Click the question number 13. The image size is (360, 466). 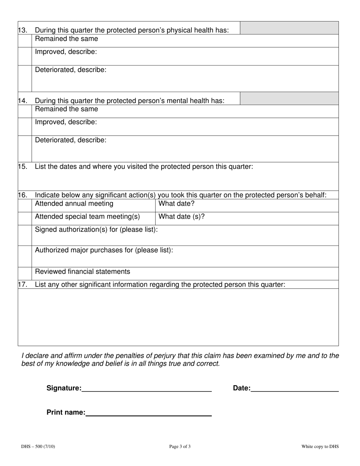(23, 30)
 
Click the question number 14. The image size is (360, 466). (23, 101)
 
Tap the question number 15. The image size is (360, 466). (23, 166)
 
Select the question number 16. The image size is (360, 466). (23, 195)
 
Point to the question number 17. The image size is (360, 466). (23, 285)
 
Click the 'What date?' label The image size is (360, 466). (176, 204)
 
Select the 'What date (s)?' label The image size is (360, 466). (182, 217)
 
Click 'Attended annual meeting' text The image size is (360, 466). (74, 204)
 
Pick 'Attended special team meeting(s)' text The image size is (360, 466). (87, 217)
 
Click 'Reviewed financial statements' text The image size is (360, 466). (82, 272)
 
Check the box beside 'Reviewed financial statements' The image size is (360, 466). (25, 274)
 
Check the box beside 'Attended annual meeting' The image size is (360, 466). (25, 206)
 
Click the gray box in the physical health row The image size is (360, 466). (289, 28)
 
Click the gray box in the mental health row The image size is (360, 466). (289, 99)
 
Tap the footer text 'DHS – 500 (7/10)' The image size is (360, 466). (38, 447)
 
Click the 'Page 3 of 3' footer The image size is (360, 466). (180, 447)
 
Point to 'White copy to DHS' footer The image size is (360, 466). (320, 447)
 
